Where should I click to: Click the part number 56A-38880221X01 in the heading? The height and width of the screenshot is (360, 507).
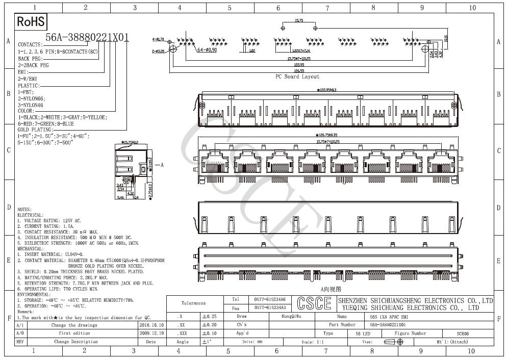[x=87, y=37]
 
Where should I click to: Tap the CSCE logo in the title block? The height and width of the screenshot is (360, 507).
[x=313, y=303]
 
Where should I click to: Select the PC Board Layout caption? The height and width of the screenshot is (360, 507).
[x=297, y=76]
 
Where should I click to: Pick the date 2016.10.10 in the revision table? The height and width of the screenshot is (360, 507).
[x=151, y=325]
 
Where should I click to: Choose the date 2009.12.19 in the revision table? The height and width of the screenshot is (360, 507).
[x=151, y=333]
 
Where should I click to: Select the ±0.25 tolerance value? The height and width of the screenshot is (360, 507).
[x=209, y=316]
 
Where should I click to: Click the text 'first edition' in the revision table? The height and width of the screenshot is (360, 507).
[x=74, y=333]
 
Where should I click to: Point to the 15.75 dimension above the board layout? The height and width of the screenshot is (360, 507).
[x=299, y=21]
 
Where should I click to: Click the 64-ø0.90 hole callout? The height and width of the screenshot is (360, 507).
[x=207, y=50]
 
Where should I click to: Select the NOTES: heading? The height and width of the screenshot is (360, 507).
[x=24, y=210]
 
